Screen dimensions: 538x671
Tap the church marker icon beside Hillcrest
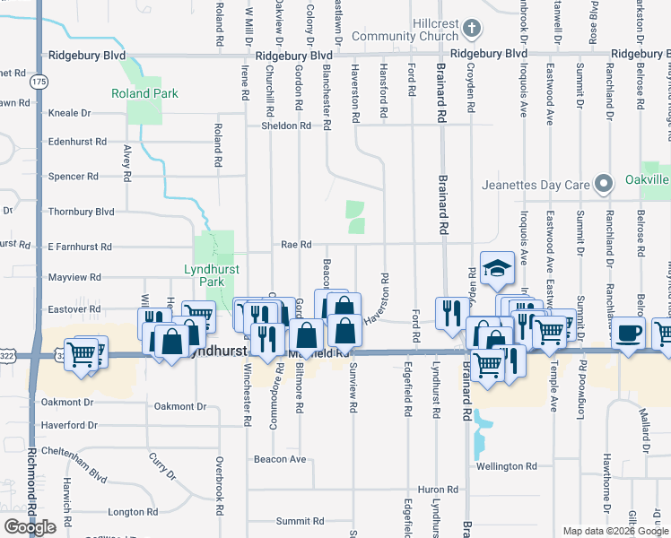click(472, 30)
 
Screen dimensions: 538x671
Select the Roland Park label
click(144, 93)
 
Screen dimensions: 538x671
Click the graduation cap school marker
click(496, 269)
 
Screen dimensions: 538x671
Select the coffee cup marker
click(627, 334)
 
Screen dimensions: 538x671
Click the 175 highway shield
click(38, 81)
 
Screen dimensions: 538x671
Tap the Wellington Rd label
click(507, 466)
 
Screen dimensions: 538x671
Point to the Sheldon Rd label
click(286, 126)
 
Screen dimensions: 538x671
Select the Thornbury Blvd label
click(82, 212)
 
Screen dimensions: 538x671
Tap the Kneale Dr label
click(70, 113)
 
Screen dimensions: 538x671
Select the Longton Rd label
click(133, 512)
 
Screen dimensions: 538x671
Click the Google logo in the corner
click(30, 527)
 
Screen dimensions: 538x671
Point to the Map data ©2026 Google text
click(614, 531)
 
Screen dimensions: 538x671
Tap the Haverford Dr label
click(68, 425)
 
